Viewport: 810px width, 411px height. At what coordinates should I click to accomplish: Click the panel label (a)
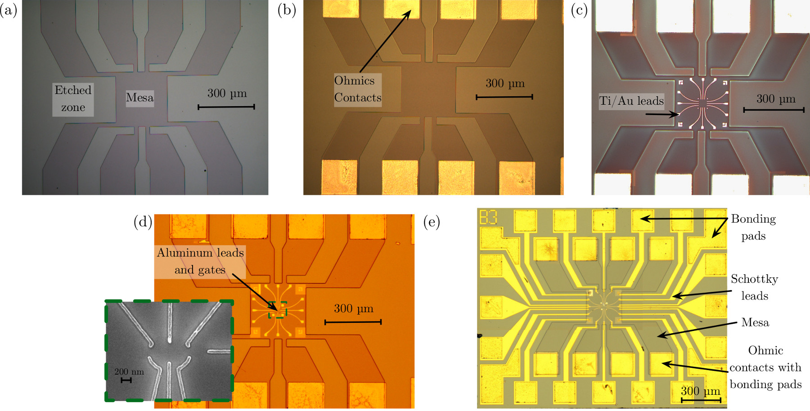pyautogui.click(x=9, y=10)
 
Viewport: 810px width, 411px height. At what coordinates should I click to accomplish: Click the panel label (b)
pyautogui.click(x=287, y=10)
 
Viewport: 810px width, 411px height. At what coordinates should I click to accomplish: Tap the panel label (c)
pyautogui.click(x=579, y=10)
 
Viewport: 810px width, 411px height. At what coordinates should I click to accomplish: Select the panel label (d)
pyautogui.click(x=143, y=222)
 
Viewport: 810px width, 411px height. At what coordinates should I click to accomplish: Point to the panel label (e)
pyautogui.click(x=432, y=222)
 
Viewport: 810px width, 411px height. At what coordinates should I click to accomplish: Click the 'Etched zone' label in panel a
pyautogui.click(x=73, y=99)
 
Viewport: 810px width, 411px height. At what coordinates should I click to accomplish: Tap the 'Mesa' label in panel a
pyautogui.click(x=139, y=98)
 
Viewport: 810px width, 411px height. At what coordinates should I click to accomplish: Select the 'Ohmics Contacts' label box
pyautogui.click(x=357, y=89)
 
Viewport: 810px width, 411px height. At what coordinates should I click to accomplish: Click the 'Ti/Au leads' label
pyautogui.click(x=631, y=101)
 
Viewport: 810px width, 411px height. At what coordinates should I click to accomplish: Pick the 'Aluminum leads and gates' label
pyautogui.click(x=200, y=261)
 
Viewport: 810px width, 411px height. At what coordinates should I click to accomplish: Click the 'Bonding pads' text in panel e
pyautogui.click(x=753, y=228)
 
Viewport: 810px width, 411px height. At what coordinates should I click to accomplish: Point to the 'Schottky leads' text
pyautogui.click(x=754, y=287)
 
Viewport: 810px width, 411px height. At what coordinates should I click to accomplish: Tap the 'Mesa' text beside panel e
pyautogui.click(x=755, y=322)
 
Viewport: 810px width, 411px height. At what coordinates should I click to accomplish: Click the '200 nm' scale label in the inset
pyautogui.click(x=129, y=372)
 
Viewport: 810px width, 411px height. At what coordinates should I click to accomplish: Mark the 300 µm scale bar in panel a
pyautogui.click(x=226, y=107)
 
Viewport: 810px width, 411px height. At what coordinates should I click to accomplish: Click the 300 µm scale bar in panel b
pyautogui.click(x=504, y=97)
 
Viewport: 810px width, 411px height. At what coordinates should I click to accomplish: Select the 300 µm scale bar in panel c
pyautogui.click(x=774, y=110)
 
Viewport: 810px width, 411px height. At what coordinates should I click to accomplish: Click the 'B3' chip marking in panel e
pyautogui.click(x=488, y=217)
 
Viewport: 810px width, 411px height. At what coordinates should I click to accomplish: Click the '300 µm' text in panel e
pyautogui.click(x=700, y=391)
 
